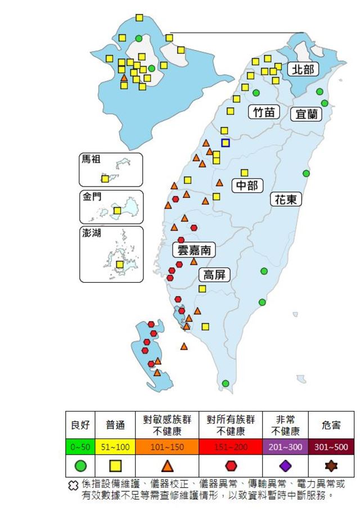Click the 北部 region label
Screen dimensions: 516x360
tap(303, 69)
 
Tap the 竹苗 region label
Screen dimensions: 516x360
tap(264, 112)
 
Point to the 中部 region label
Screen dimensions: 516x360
tap(246, 185)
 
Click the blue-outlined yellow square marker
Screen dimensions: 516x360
tap(225, 143)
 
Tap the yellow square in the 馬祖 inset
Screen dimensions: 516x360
tap(105, 179)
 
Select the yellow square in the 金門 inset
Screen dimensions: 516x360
tap(117, 211)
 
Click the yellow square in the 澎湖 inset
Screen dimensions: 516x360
tap(119, 264)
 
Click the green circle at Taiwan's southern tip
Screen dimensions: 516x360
tap(226, 383)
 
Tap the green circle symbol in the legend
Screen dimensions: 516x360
tap(80, 465)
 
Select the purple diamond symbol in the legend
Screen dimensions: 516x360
tap(285, 465)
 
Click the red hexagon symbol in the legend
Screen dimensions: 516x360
tap(231, 465)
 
